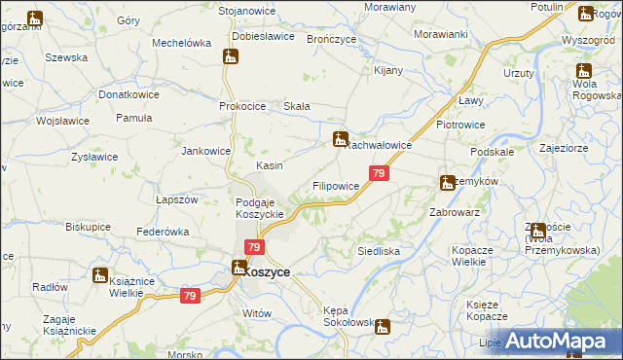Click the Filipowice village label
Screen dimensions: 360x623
pyautogui.click(x=336, y=185)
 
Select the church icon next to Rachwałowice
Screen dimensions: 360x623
pyautogui.click(x=340, y=139)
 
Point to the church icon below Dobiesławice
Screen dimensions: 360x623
pyautogui.click(x=232, y=56)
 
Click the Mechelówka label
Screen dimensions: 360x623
pyautogui.click(x=182, y=43)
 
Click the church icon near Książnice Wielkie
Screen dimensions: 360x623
pyautogui.click(x=99, y=276)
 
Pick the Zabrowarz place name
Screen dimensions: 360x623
pyautogui.click(x=455, y=211)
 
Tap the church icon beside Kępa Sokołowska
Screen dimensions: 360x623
pyautogui.click(x=384, y=327)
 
